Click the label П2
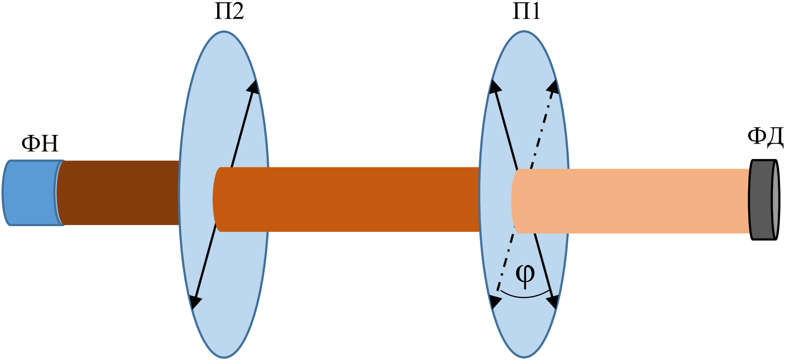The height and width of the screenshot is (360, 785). [x=229, y=11]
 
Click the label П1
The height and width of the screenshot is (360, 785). [x=527, y=11]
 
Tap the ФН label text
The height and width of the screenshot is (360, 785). [x=40, y=143]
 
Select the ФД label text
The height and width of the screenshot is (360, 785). [x=765, y=137]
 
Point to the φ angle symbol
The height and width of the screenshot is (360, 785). [x=525, y=275]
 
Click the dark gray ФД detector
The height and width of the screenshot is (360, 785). [x=764, y=200]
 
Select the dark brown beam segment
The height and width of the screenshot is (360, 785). [x=119, y=193]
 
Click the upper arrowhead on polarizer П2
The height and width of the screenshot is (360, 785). [x=253, y=87]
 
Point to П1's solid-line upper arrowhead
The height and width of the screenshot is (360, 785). [x=494, y=87]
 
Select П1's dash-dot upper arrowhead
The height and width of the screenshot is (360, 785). [x=553, y=87]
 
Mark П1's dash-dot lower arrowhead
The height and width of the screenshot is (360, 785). [x=495, y=302]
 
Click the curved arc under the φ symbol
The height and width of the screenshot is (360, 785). [x=525, y=297]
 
